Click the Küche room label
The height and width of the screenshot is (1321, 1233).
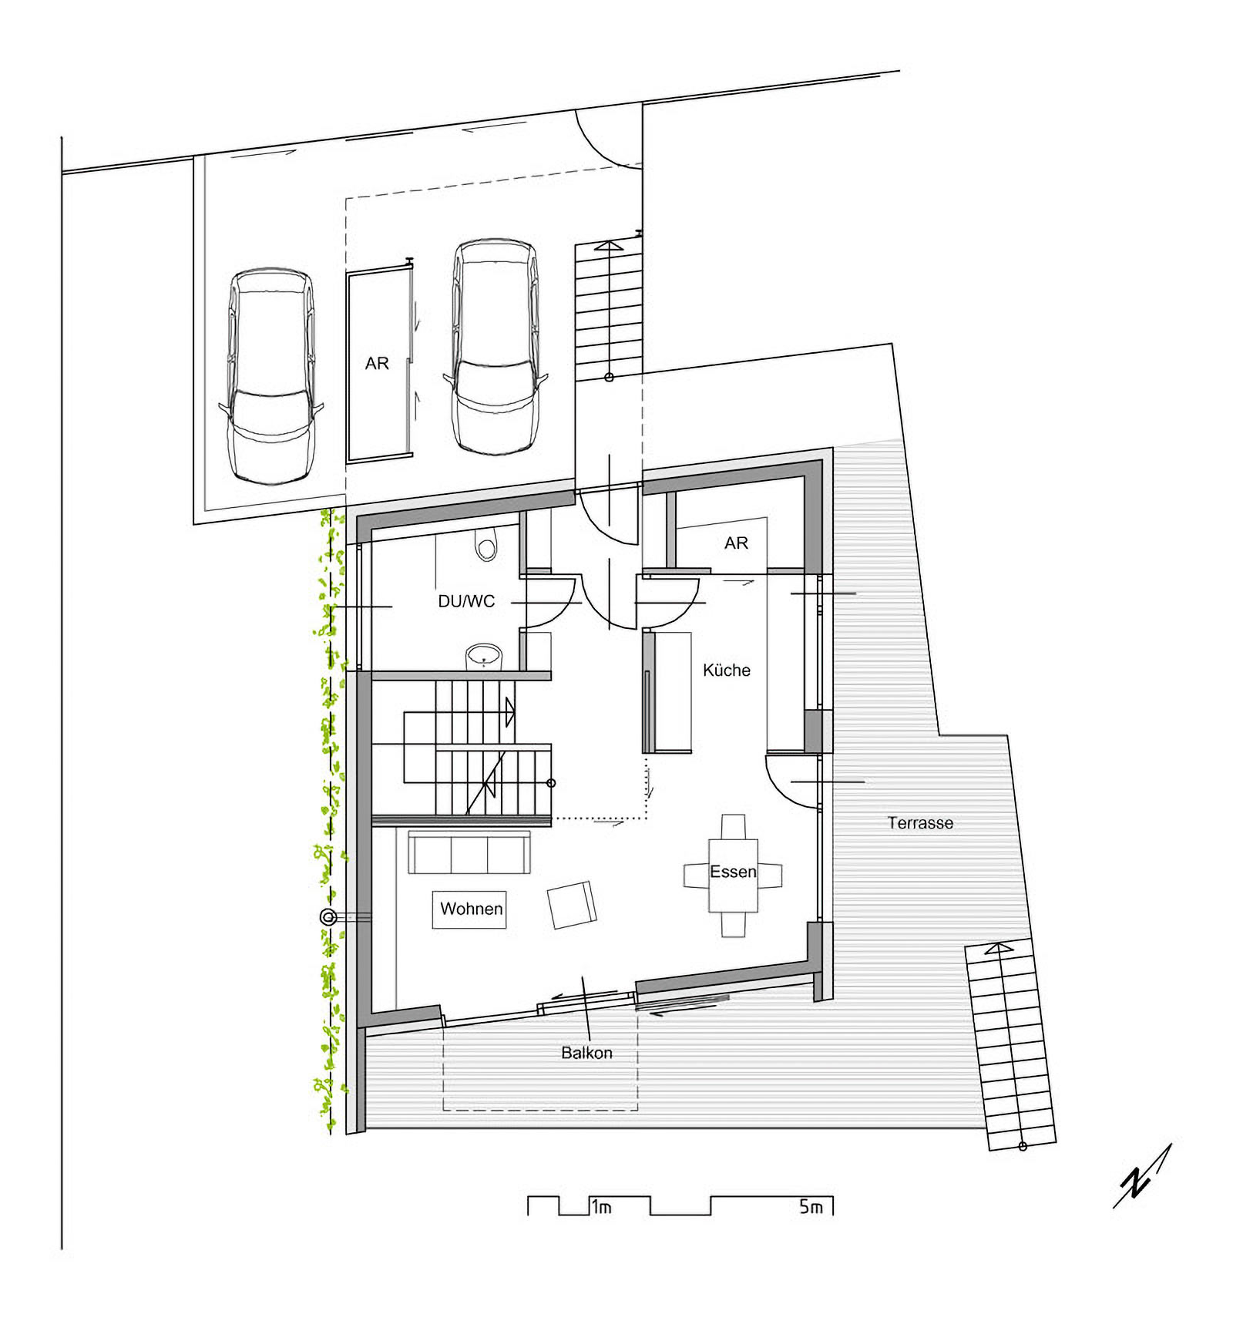pos(726,670)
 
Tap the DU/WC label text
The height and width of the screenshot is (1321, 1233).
pos(466,601)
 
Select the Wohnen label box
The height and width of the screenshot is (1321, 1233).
pos(469,909)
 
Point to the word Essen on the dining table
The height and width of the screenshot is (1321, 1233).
pos(733,872)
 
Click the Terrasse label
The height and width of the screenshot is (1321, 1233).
pos(920,823)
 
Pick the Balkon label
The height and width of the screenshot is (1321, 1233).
pos(586,1053)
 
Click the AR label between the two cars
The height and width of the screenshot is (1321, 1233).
pos(377,363)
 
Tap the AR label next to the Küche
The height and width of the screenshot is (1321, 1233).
pos(736,543)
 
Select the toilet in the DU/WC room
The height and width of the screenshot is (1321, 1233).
pos(486,545)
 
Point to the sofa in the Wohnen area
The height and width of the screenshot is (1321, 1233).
pos(469,852)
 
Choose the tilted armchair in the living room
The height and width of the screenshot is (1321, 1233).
pos(572,906)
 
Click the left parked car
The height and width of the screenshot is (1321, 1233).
pos(271,375)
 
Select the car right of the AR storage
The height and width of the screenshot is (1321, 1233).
pos(495,346)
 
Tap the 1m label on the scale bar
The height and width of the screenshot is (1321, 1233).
pos(601,1207)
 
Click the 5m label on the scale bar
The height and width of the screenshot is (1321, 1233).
pos(811,1207)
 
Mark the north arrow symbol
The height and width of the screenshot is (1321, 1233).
pos(1142,1176)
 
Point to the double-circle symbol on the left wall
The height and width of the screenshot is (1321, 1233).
pos(328,917)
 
